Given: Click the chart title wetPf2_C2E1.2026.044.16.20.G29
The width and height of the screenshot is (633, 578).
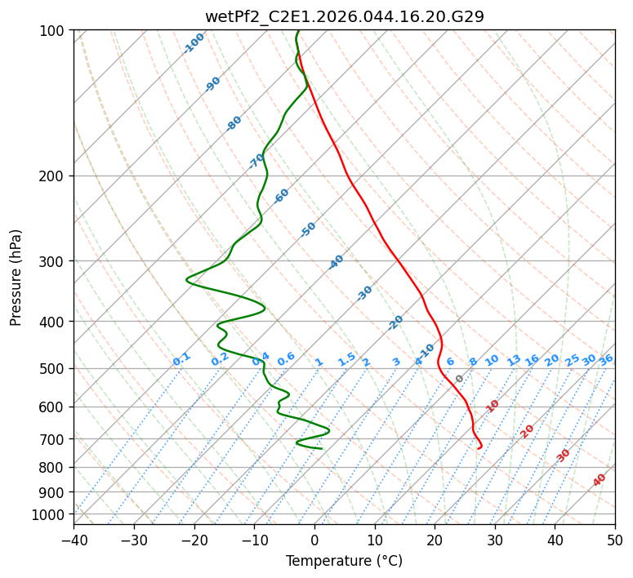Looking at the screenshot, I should (x=344, y=16).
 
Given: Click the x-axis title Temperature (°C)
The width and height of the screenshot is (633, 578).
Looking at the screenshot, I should (x=344, y=561).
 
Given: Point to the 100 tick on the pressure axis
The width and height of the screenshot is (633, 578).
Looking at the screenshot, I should (x=55, y=31).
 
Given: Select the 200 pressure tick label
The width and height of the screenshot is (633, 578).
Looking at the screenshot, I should (x=55, y=176).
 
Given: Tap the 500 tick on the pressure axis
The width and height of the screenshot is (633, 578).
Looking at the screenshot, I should (x=55, y=369).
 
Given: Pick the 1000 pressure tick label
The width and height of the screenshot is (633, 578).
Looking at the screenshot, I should (x=51, y=514).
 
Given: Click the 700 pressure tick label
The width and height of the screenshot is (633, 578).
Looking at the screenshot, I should (x=55, y=439).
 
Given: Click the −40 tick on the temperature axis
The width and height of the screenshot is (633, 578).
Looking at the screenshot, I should (x=74, y=540).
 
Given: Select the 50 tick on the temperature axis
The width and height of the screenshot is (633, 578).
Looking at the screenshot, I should (x=615, y=540).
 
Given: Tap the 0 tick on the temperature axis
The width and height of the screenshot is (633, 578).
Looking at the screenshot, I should (x=314, y=540).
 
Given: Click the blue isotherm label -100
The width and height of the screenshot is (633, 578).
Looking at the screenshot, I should (x=194, y=43).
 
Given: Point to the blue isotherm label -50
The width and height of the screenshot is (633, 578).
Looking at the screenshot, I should (x=308, y=229).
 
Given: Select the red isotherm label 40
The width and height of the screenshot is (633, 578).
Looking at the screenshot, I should (x=600, y=480).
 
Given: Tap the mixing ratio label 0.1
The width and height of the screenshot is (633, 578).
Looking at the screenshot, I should (x=181, y=359).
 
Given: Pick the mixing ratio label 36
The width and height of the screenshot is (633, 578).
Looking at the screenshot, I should (x=606, y=359).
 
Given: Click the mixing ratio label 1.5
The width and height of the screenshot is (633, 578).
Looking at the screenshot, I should (x=346, y=359).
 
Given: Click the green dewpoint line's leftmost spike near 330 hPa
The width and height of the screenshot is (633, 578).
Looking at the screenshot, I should (x=187, y=280).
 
